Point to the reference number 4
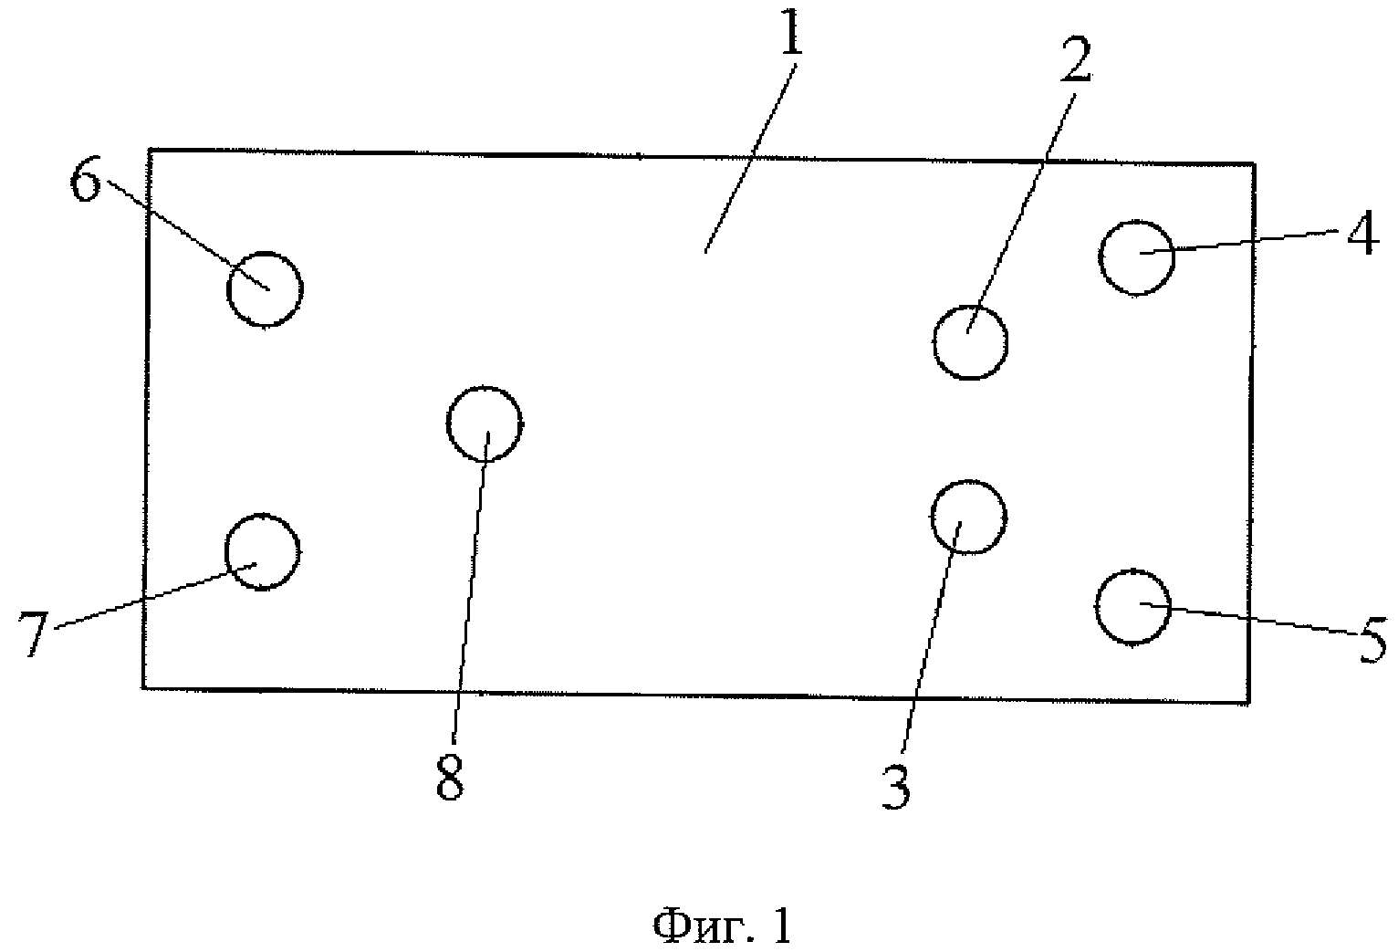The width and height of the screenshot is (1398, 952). (1361, 236)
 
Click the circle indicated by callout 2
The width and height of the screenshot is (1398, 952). (970, 342)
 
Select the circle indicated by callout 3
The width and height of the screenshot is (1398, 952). (968, 517)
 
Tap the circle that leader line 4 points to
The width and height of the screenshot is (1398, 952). (1136, 257)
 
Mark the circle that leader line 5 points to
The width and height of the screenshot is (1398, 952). (1132, 608)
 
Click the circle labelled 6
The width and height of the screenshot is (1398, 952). (264, 288)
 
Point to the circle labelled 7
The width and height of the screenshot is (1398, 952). (262, 551)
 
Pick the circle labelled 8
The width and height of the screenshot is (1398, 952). (485, 424)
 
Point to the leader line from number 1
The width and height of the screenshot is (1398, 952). (748, 155)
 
